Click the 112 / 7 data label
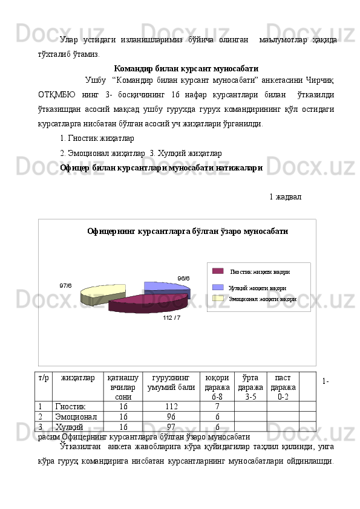coord(171,317)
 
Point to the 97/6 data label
coord(65,285)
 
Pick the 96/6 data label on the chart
coord(183,278)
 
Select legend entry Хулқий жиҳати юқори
coord(257,288)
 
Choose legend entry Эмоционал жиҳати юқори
coord(262,299)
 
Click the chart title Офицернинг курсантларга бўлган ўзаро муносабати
coord(187,231)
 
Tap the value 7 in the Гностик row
coord(217,407)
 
